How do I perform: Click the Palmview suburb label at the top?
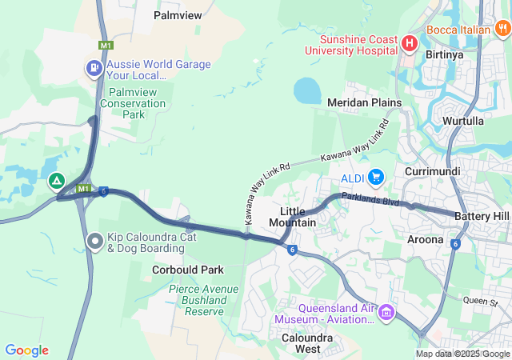(178, 15)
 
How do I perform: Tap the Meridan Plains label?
(364, 102)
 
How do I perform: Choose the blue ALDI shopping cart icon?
(376, 176)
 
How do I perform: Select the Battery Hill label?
(481, 217)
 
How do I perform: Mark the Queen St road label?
(480, 301)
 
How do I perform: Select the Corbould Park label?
(188, 270)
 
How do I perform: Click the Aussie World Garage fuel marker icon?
(94, 69)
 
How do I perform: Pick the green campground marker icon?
(57, 182)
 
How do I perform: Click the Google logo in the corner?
(26, 350)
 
